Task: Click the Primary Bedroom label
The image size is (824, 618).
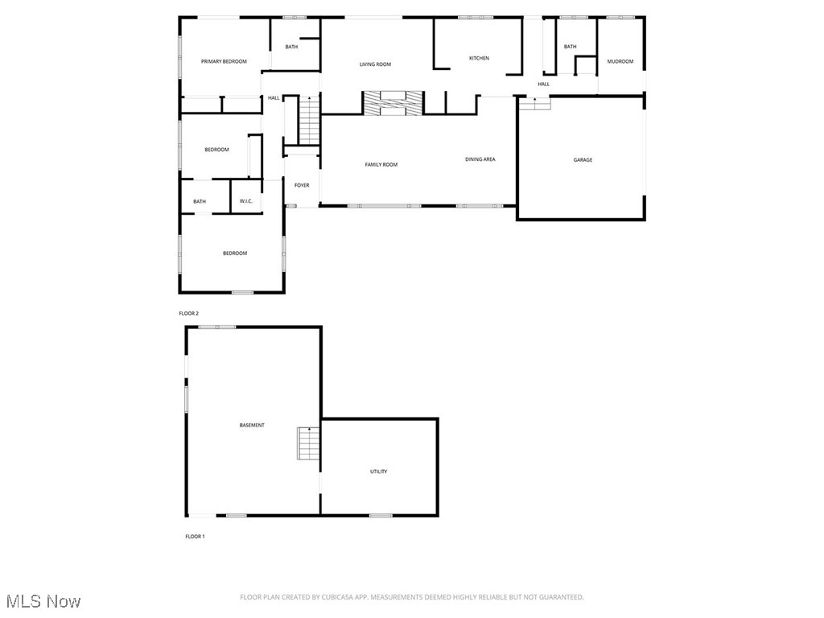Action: click(x=224, y=61)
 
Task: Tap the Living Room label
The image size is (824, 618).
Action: click(x=375, y=64)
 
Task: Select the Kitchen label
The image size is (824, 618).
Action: click(x=480, y=58)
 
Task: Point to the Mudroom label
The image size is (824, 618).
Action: click(x=620, y=61)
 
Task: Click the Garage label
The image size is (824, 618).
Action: click(x=583, y=160)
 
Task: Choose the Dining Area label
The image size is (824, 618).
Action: click(x=480, y=159)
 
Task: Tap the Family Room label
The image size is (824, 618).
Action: click(x=381, y=165)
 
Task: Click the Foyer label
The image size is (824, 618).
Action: click(x=302, y=186)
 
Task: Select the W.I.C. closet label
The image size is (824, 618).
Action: click(x=246, y=201)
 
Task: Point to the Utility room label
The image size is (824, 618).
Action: click(x=379, y=472)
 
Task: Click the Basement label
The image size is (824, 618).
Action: click(x=252, y=425)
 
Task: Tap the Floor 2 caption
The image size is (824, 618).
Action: click(x=188, y=313)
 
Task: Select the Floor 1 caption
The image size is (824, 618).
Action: click(x=195, y=536)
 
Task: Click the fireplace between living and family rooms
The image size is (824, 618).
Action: click(x=392, y=102)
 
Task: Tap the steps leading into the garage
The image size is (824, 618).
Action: click(x=535, y=103)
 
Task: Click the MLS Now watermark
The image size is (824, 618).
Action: click(x=43, y=601)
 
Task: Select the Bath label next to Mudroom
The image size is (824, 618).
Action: click(x=570, y=47)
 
